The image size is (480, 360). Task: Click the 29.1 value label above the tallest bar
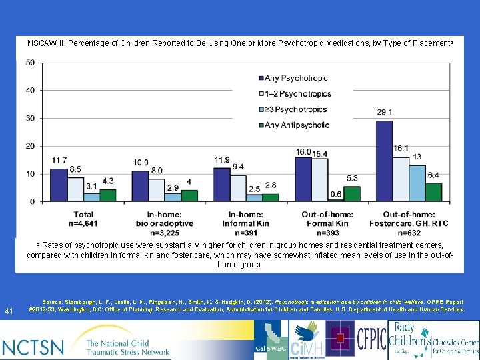384,113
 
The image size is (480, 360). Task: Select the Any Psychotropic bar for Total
59,185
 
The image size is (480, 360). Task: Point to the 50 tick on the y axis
31,63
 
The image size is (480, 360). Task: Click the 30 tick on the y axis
31,118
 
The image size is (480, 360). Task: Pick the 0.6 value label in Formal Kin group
336,194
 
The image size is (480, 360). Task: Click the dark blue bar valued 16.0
303,179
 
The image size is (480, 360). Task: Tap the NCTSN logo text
33,347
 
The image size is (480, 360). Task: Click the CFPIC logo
371,339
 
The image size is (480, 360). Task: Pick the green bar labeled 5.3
352,193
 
